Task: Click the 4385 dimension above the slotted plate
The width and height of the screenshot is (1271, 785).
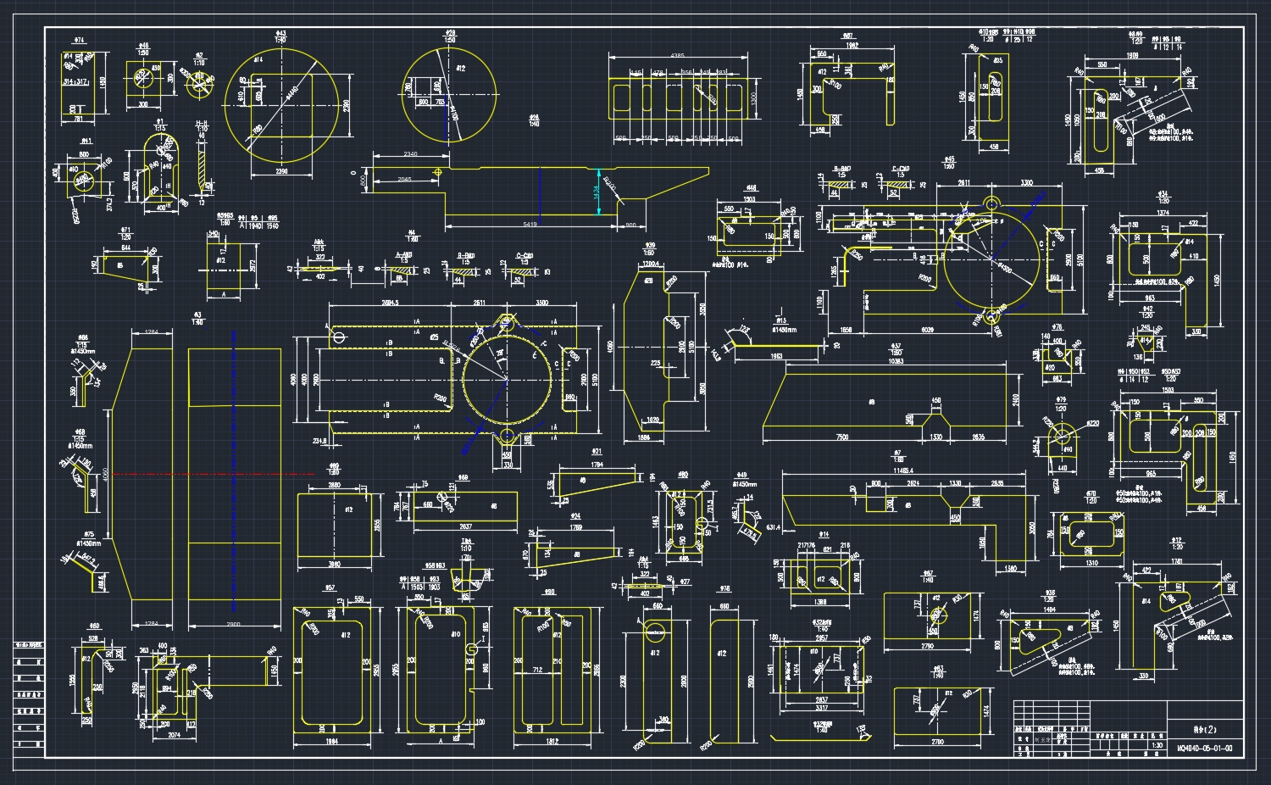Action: click(x=677, y=55)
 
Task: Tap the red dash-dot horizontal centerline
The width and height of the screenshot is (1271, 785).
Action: click(x=212, y=474)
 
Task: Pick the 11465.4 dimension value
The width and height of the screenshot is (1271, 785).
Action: click(x=902, y=469)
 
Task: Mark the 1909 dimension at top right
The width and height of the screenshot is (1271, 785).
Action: click(x=1132, y=56)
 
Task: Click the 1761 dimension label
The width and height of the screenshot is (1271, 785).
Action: click(x=1176, y=561)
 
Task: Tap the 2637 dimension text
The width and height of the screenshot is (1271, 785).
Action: click(x=465, y=526)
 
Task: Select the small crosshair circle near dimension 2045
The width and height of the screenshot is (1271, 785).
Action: click(x=437, y=172)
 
